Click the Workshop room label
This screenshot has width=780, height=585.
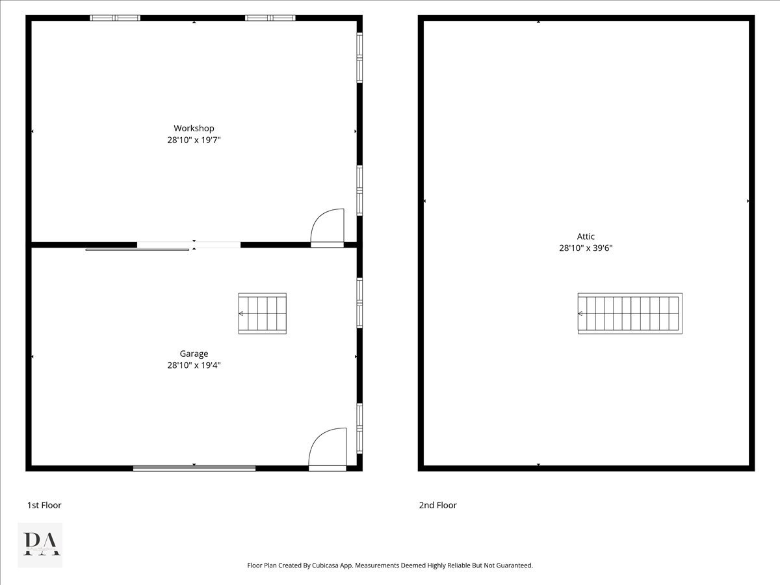(194, 128)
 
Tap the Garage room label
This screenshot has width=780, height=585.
(194, 354)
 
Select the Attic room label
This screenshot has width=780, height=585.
(586, 237)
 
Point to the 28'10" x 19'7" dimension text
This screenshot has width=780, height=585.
(194, 140)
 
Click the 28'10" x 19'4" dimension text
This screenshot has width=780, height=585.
(194, 365)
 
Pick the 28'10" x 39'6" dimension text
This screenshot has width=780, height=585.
(586, 248)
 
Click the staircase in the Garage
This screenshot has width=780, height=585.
(263, 313)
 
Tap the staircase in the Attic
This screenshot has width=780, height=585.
(630, 313)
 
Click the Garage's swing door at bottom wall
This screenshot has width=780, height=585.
(328, 448)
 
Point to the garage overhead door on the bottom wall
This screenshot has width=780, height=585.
(194, 468)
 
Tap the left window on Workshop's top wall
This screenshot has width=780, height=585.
(115, 18)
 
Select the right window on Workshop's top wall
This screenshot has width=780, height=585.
(270, 18)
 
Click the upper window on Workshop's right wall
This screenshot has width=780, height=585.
(359, 58)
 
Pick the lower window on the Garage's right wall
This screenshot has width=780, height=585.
(359, 428)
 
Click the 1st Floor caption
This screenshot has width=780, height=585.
(44, 505)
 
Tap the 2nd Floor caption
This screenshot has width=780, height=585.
(437, 505)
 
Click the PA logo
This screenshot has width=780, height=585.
(40, 545)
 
